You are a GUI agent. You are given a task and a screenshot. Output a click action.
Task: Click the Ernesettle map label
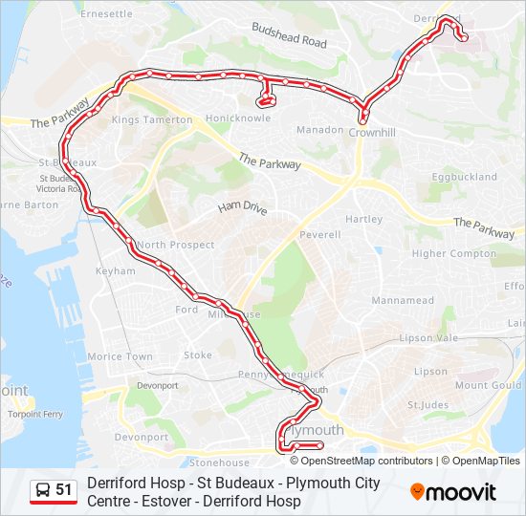pos(107,14)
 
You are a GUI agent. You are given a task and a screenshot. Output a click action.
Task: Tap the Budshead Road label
pos(289,36)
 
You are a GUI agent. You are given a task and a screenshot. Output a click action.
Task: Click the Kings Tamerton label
pos(152,120)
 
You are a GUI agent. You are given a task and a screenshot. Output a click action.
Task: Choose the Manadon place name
pos(319,129)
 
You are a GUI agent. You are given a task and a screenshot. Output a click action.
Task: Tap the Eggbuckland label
pos(464,177)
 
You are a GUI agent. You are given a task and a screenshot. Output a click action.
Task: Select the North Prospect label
pos(175,245)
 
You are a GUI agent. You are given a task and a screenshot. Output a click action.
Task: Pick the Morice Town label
pos(120,356)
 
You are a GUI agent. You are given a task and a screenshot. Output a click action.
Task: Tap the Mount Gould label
pos(488,385)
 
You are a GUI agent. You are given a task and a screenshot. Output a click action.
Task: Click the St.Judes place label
pos(427,404)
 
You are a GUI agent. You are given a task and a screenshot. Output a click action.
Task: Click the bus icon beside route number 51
pos(42,490)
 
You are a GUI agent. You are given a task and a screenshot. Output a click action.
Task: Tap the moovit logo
pos(453,492)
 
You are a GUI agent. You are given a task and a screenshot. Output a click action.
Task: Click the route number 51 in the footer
pos(64,490)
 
